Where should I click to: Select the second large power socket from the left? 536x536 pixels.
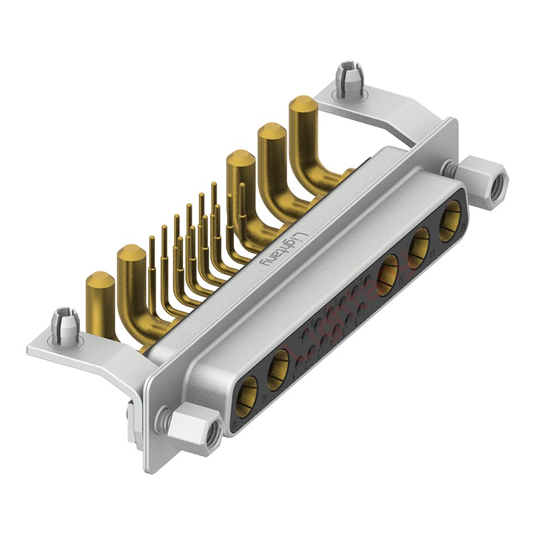277,371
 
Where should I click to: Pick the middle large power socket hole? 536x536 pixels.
387,276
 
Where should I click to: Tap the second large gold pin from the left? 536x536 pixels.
131,255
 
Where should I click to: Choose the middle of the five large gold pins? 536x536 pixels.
239,161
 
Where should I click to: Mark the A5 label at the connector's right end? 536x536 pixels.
462,228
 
